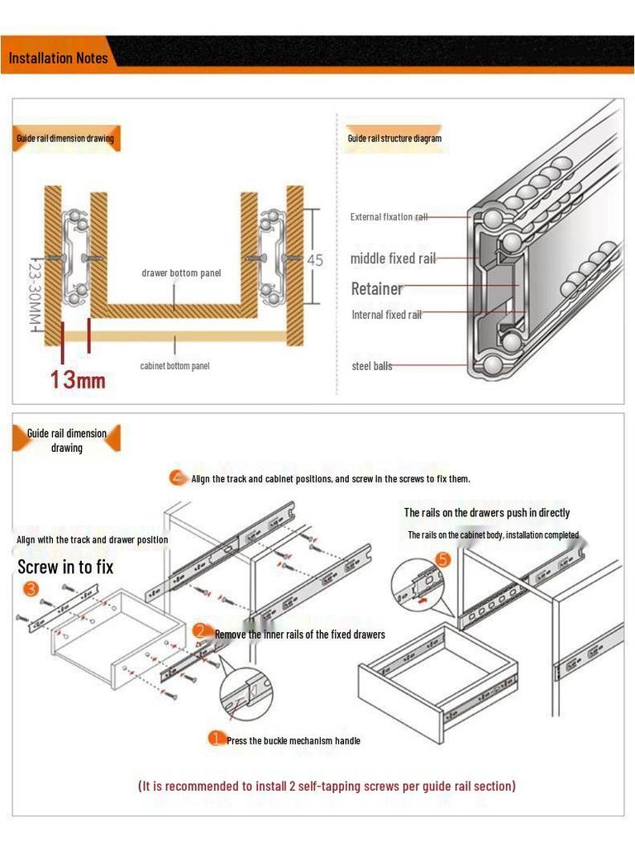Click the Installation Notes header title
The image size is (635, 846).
[x=58, y=58]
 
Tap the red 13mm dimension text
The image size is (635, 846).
[x=78, y=379]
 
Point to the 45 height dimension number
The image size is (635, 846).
[x=315, y=259]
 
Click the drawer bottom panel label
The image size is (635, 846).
[x=181, y=273]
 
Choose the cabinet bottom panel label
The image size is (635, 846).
[x=174, y=365]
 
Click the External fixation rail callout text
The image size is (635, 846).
[x=389, y=217]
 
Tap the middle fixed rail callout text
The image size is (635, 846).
[x=393, y=259]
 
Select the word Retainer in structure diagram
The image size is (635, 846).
[x=377, y=289]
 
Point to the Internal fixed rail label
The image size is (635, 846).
[x=386, y=315]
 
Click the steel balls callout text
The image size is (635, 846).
[x=372, y=366]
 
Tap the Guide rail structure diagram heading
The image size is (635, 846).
[x=394, y=139]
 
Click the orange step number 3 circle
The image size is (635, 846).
[x=31, y=589]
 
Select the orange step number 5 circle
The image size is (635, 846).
[x=442, y=559]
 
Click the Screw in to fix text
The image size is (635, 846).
[x=65, y=568]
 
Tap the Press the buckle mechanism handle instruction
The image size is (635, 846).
[x=293, y=741]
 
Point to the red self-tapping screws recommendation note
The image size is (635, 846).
[x=327, y=786]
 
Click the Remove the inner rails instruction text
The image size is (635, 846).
[x=299, y=634]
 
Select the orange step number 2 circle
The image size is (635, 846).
[x=200, y=630]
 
